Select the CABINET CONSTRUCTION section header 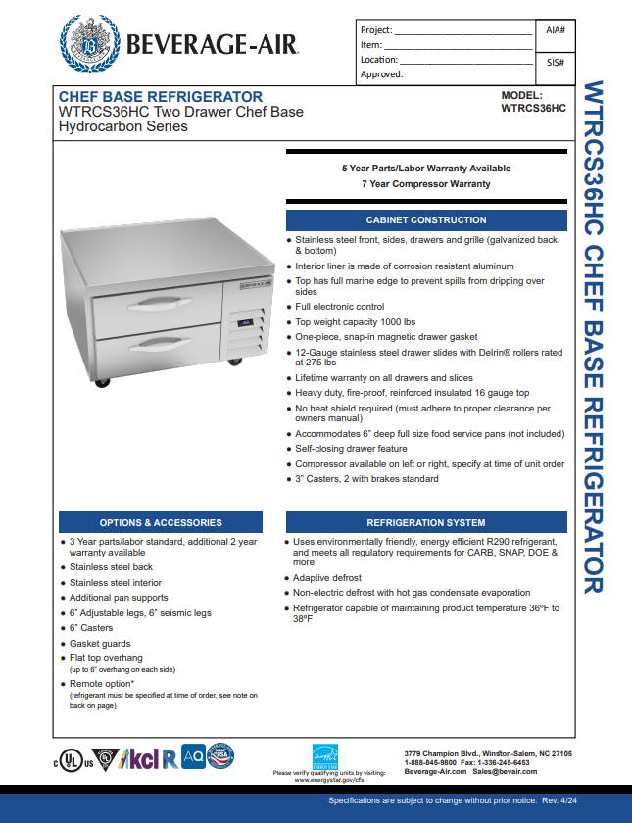425,220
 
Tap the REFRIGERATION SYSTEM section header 425,522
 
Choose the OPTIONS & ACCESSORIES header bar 161,522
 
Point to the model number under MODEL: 533,109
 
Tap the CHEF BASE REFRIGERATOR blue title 161,97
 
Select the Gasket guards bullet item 100,644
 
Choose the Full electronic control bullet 340,307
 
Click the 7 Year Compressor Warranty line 425,184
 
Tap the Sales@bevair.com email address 504,772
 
